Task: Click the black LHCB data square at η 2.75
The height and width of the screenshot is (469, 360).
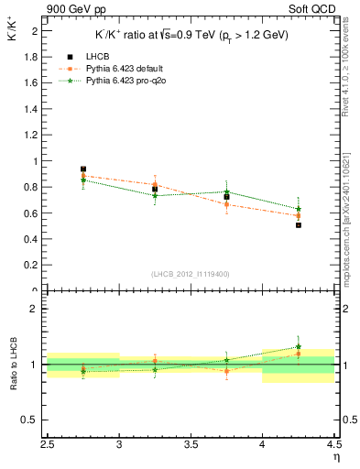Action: [x=83, y=169]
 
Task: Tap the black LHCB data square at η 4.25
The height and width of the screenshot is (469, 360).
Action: [x=299, y=224]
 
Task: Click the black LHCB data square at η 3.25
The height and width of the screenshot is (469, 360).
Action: [x=155, y=190]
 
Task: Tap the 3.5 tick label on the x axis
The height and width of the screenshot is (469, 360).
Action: [x=191, y=446]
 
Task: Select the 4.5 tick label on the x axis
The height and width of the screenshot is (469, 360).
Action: [x=333, y=446]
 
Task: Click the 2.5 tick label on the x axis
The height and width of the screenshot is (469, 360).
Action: [x=48, y=446]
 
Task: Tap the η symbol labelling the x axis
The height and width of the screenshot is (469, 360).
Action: [x=336, y=458]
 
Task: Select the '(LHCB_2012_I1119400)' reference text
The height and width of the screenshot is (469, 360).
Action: [x=191, y=274]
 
